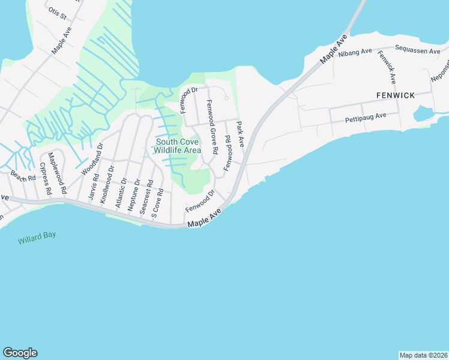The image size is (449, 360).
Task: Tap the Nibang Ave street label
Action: coord(356,53)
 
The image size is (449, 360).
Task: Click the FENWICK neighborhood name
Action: coord(396,95)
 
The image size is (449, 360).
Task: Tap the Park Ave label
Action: coord(241,135)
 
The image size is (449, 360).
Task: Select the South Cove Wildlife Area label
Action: coord(178,146)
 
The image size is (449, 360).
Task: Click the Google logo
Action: coord(20,352)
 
